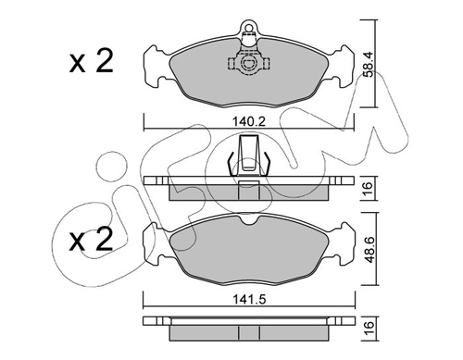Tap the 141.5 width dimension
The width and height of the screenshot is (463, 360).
pyautogui.click(x=249, y=299)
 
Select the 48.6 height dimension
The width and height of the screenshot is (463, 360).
pyautogui.click(x=369, y=250)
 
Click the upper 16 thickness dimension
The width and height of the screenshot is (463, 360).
pyautogui.click(x=369, y=188)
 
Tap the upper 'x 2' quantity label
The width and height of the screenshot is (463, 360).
pyautogui.click(x=91, y=62)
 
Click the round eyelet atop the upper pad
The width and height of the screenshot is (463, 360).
pyautogui.click(x=248, y=26)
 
